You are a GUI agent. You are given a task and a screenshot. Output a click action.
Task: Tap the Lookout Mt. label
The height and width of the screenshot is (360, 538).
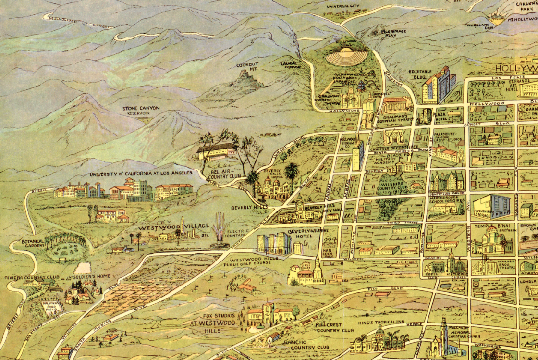[x=247, y=67]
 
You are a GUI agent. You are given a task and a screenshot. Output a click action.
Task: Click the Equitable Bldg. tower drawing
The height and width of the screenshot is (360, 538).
[x=438, y=86]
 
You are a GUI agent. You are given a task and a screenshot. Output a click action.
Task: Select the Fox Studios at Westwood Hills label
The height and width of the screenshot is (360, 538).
[x=213, y=320]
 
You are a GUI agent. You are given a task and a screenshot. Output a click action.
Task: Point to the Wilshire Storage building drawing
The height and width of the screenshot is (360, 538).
[x=491, y=206]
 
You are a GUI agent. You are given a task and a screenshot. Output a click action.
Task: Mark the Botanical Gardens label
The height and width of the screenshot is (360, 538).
[x=32, y=243]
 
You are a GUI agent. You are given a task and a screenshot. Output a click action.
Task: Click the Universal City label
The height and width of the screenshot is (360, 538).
[x=342, y=6]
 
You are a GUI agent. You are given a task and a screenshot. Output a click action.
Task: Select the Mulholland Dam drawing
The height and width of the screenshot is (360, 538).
[x=496, y=20]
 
